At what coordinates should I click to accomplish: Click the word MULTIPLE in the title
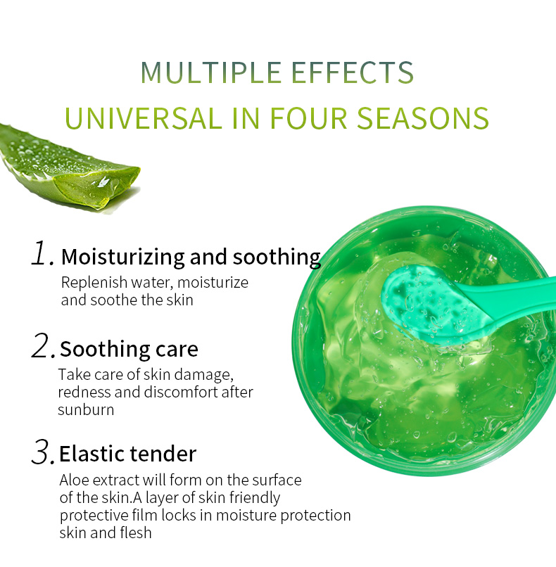click(211, 72)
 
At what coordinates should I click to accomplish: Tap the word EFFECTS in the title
click(352, 72)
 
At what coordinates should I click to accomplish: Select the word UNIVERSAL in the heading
click(144, 118)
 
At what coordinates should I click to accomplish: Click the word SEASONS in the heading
click(423, 118)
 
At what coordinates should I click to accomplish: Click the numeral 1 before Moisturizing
click(42, 253)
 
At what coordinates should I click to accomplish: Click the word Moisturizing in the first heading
click(123, 257)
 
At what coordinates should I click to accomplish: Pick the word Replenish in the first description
click(94, 283)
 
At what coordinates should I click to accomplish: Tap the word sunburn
click(86, 410)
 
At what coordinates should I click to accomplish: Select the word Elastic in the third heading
click(92, 454)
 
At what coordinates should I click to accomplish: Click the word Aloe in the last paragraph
click(74, 480)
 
